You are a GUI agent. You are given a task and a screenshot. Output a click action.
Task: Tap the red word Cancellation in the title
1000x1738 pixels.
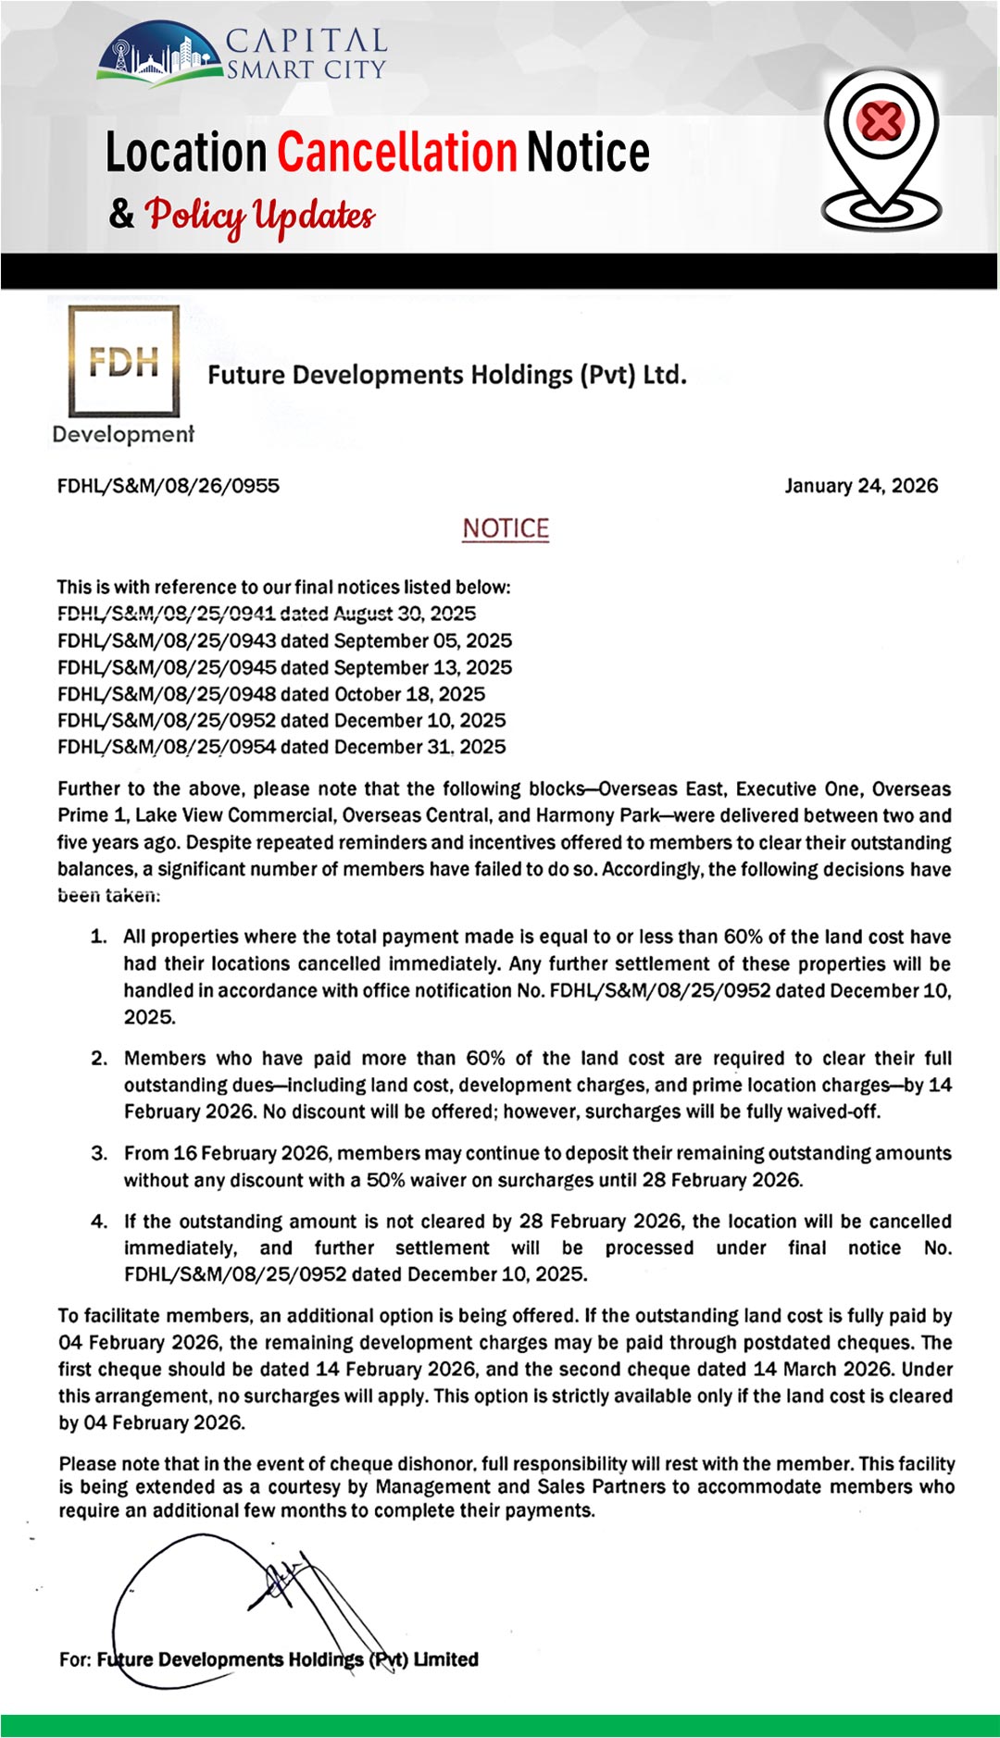click(x=396, y=153)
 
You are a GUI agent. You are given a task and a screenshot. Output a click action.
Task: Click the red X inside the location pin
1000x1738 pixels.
click(x=881, y=120)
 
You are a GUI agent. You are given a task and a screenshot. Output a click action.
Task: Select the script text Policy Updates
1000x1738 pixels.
click(x=260, y=215)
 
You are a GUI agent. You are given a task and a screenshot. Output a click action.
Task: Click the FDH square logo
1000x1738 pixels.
click(x=123, y=361)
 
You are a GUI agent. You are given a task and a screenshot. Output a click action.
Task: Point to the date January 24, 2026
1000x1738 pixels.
click(x=861, y=486)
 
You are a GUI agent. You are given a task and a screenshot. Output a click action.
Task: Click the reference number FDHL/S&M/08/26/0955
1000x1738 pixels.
click(x=169, y=486)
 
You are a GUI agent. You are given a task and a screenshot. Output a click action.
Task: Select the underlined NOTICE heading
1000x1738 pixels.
click(x=506, y=528)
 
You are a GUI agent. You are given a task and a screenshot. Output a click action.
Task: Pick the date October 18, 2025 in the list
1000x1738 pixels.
click(x=410, y=694)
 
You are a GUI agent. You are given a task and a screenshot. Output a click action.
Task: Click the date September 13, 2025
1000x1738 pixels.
click(x=423, y=667)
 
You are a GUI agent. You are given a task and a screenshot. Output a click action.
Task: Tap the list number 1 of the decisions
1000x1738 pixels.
click(x=98, y=937)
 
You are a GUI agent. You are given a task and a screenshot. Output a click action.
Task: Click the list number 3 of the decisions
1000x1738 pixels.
click(x=98, y=1153)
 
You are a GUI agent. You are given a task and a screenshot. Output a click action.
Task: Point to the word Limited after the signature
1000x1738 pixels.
click(x=446, y=1659)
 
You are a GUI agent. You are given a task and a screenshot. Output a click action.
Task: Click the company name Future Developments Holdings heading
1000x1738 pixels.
click(x=447, y=375)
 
